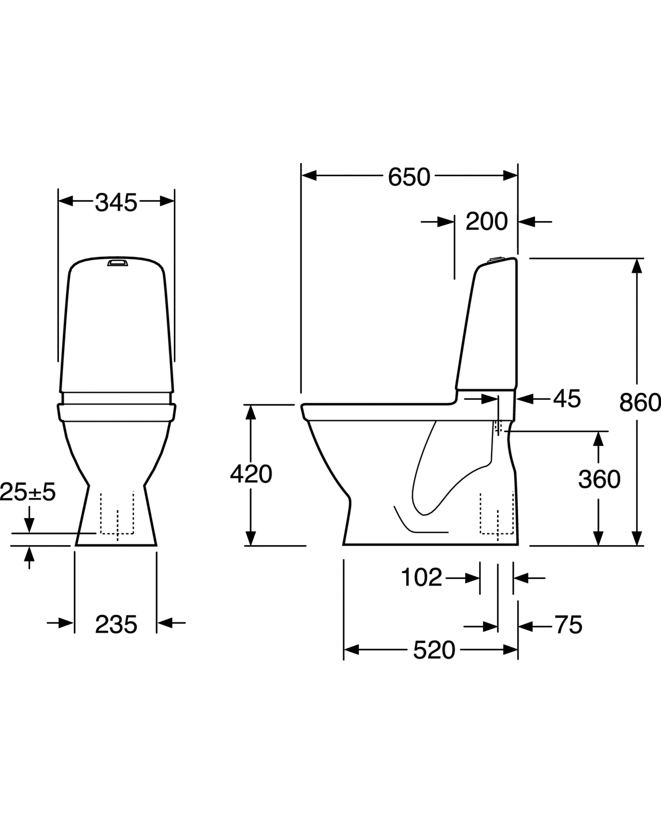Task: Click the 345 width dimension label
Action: tap(116, 203)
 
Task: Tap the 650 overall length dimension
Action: tap(409, 177)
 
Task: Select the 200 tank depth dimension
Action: tap(487, 222)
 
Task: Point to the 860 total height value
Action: tap(640, 403)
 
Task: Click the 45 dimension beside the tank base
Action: tap(567, 399)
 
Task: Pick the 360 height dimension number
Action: tap(599, 480)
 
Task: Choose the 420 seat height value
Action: tap(251, 474)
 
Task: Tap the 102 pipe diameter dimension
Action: tap(422, 578)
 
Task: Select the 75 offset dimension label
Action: tap(568, 625)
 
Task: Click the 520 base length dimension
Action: tap(434, 650)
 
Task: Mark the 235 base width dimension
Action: tap(116, 625)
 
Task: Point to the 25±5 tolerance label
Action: tap(28, 492)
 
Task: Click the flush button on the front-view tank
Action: tap(116, 263)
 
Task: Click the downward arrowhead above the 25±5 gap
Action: tap(29, 526)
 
